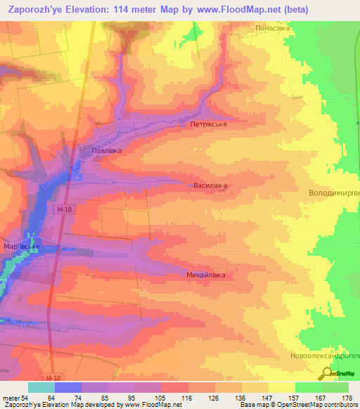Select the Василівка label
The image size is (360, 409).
click(x=212, y=186)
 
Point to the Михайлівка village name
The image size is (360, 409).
click(x=206, y=275)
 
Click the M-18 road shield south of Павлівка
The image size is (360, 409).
click(x=65, y=209)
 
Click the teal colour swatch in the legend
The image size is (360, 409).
click(x=41, y=387)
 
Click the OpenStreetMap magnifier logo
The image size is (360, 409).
click(x=328, y=374)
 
